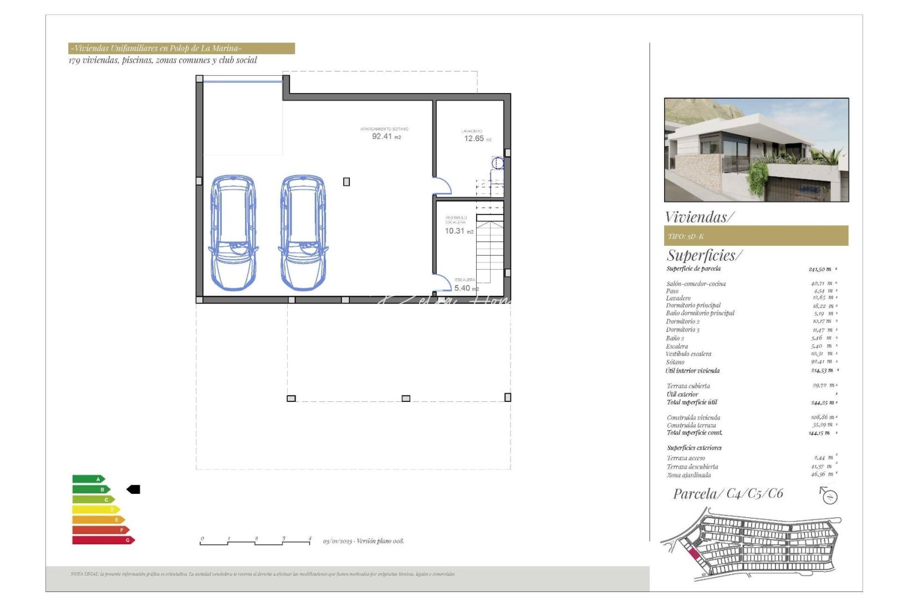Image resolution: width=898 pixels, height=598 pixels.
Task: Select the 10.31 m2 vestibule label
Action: [458, 230]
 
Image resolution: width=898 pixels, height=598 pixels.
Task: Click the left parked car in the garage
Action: [233, 233]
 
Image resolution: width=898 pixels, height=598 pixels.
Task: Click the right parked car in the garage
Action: [303, 233]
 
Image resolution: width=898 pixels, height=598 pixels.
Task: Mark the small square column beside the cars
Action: [346, 182]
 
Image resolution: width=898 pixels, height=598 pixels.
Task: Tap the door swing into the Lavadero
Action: [442, 186]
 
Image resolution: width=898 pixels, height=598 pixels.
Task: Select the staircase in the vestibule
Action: [489, 249]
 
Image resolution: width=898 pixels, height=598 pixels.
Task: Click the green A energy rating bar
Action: [88, 479]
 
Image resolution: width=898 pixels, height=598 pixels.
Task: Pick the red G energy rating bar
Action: [103, 540]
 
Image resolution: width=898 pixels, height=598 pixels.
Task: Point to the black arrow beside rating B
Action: [134, 489]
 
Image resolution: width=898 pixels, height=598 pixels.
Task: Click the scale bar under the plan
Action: [255, 542]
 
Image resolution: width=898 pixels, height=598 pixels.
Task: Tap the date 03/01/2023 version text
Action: [364, 541]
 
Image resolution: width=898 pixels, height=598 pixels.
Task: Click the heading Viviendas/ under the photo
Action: [700, 217]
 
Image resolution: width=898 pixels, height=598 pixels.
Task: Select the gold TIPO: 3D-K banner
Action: [756, 236]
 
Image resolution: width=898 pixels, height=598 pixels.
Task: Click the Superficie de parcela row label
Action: [693, 269]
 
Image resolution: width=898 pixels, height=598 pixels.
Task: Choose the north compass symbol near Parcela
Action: [829, 495]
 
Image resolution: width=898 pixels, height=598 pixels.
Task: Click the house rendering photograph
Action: [756, 150]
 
